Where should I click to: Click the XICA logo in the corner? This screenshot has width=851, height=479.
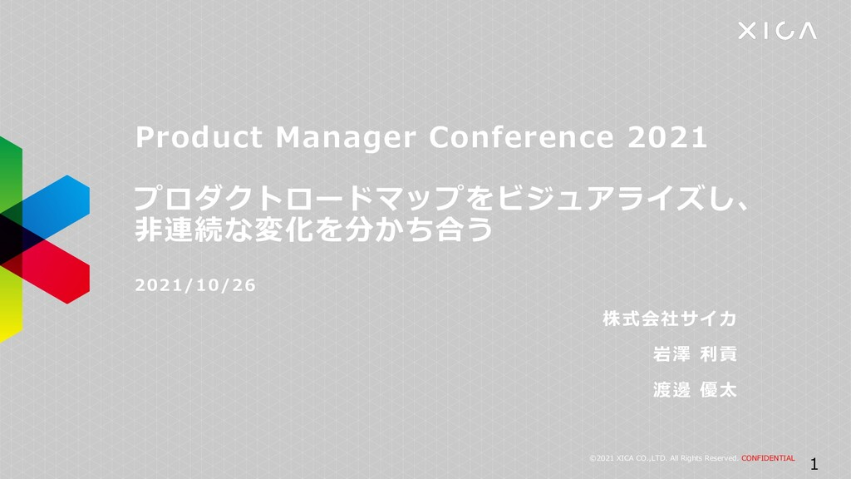pos(777,31)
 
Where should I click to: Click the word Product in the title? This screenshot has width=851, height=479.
pos(199,137)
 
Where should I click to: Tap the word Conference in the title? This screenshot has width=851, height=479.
pos(521,137)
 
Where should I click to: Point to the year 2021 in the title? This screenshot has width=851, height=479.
pos(667,137)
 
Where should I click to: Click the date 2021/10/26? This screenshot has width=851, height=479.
pos(194,285)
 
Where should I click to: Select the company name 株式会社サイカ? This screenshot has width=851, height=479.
pos(669,319)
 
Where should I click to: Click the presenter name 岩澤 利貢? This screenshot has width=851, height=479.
pos(695,354)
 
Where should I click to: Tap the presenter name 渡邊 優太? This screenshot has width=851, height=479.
pos(695,389)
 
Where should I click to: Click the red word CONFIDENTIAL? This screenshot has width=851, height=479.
pos(768,458)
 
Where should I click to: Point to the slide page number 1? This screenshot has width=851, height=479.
pos(814,464)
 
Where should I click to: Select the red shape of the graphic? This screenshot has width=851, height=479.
pos(57,272)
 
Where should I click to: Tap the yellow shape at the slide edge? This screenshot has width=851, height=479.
pos(10,304)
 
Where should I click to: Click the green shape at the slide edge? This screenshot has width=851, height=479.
pos(10,175)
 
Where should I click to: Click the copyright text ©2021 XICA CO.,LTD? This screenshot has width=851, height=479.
pos(627,458)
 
